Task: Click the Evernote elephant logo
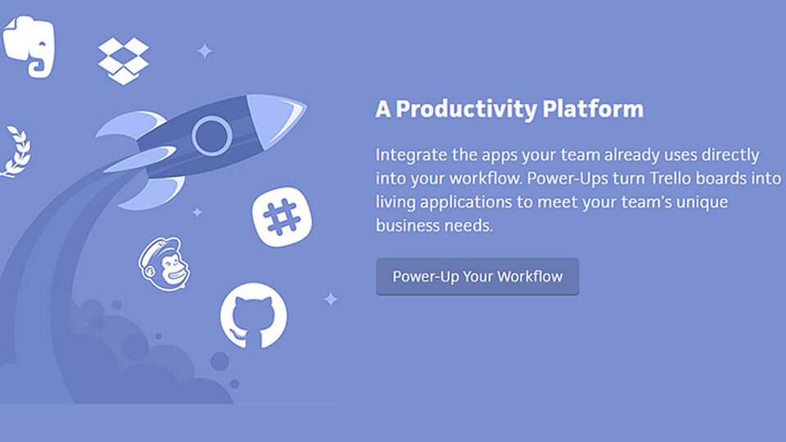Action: pos(29,46)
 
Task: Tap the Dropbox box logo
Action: pos(124,61)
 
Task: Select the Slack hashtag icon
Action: pos(282,217)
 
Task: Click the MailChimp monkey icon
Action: pos(165,264)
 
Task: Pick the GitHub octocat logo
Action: pos(254,316)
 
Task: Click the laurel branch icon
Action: pos(16,151)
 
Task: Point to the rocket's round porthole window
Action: pos(211,135)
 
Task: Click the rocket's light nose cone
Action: pos(275,120)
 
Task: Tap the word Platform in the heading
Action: pos(593,109)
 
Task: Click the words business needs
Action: pos(434,226)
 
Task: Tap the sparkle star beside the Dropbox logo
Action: pos(205,51)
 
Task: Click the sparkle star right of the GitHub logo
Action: pos(331,300)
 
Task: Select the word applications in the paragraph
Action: pos(466,203)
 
